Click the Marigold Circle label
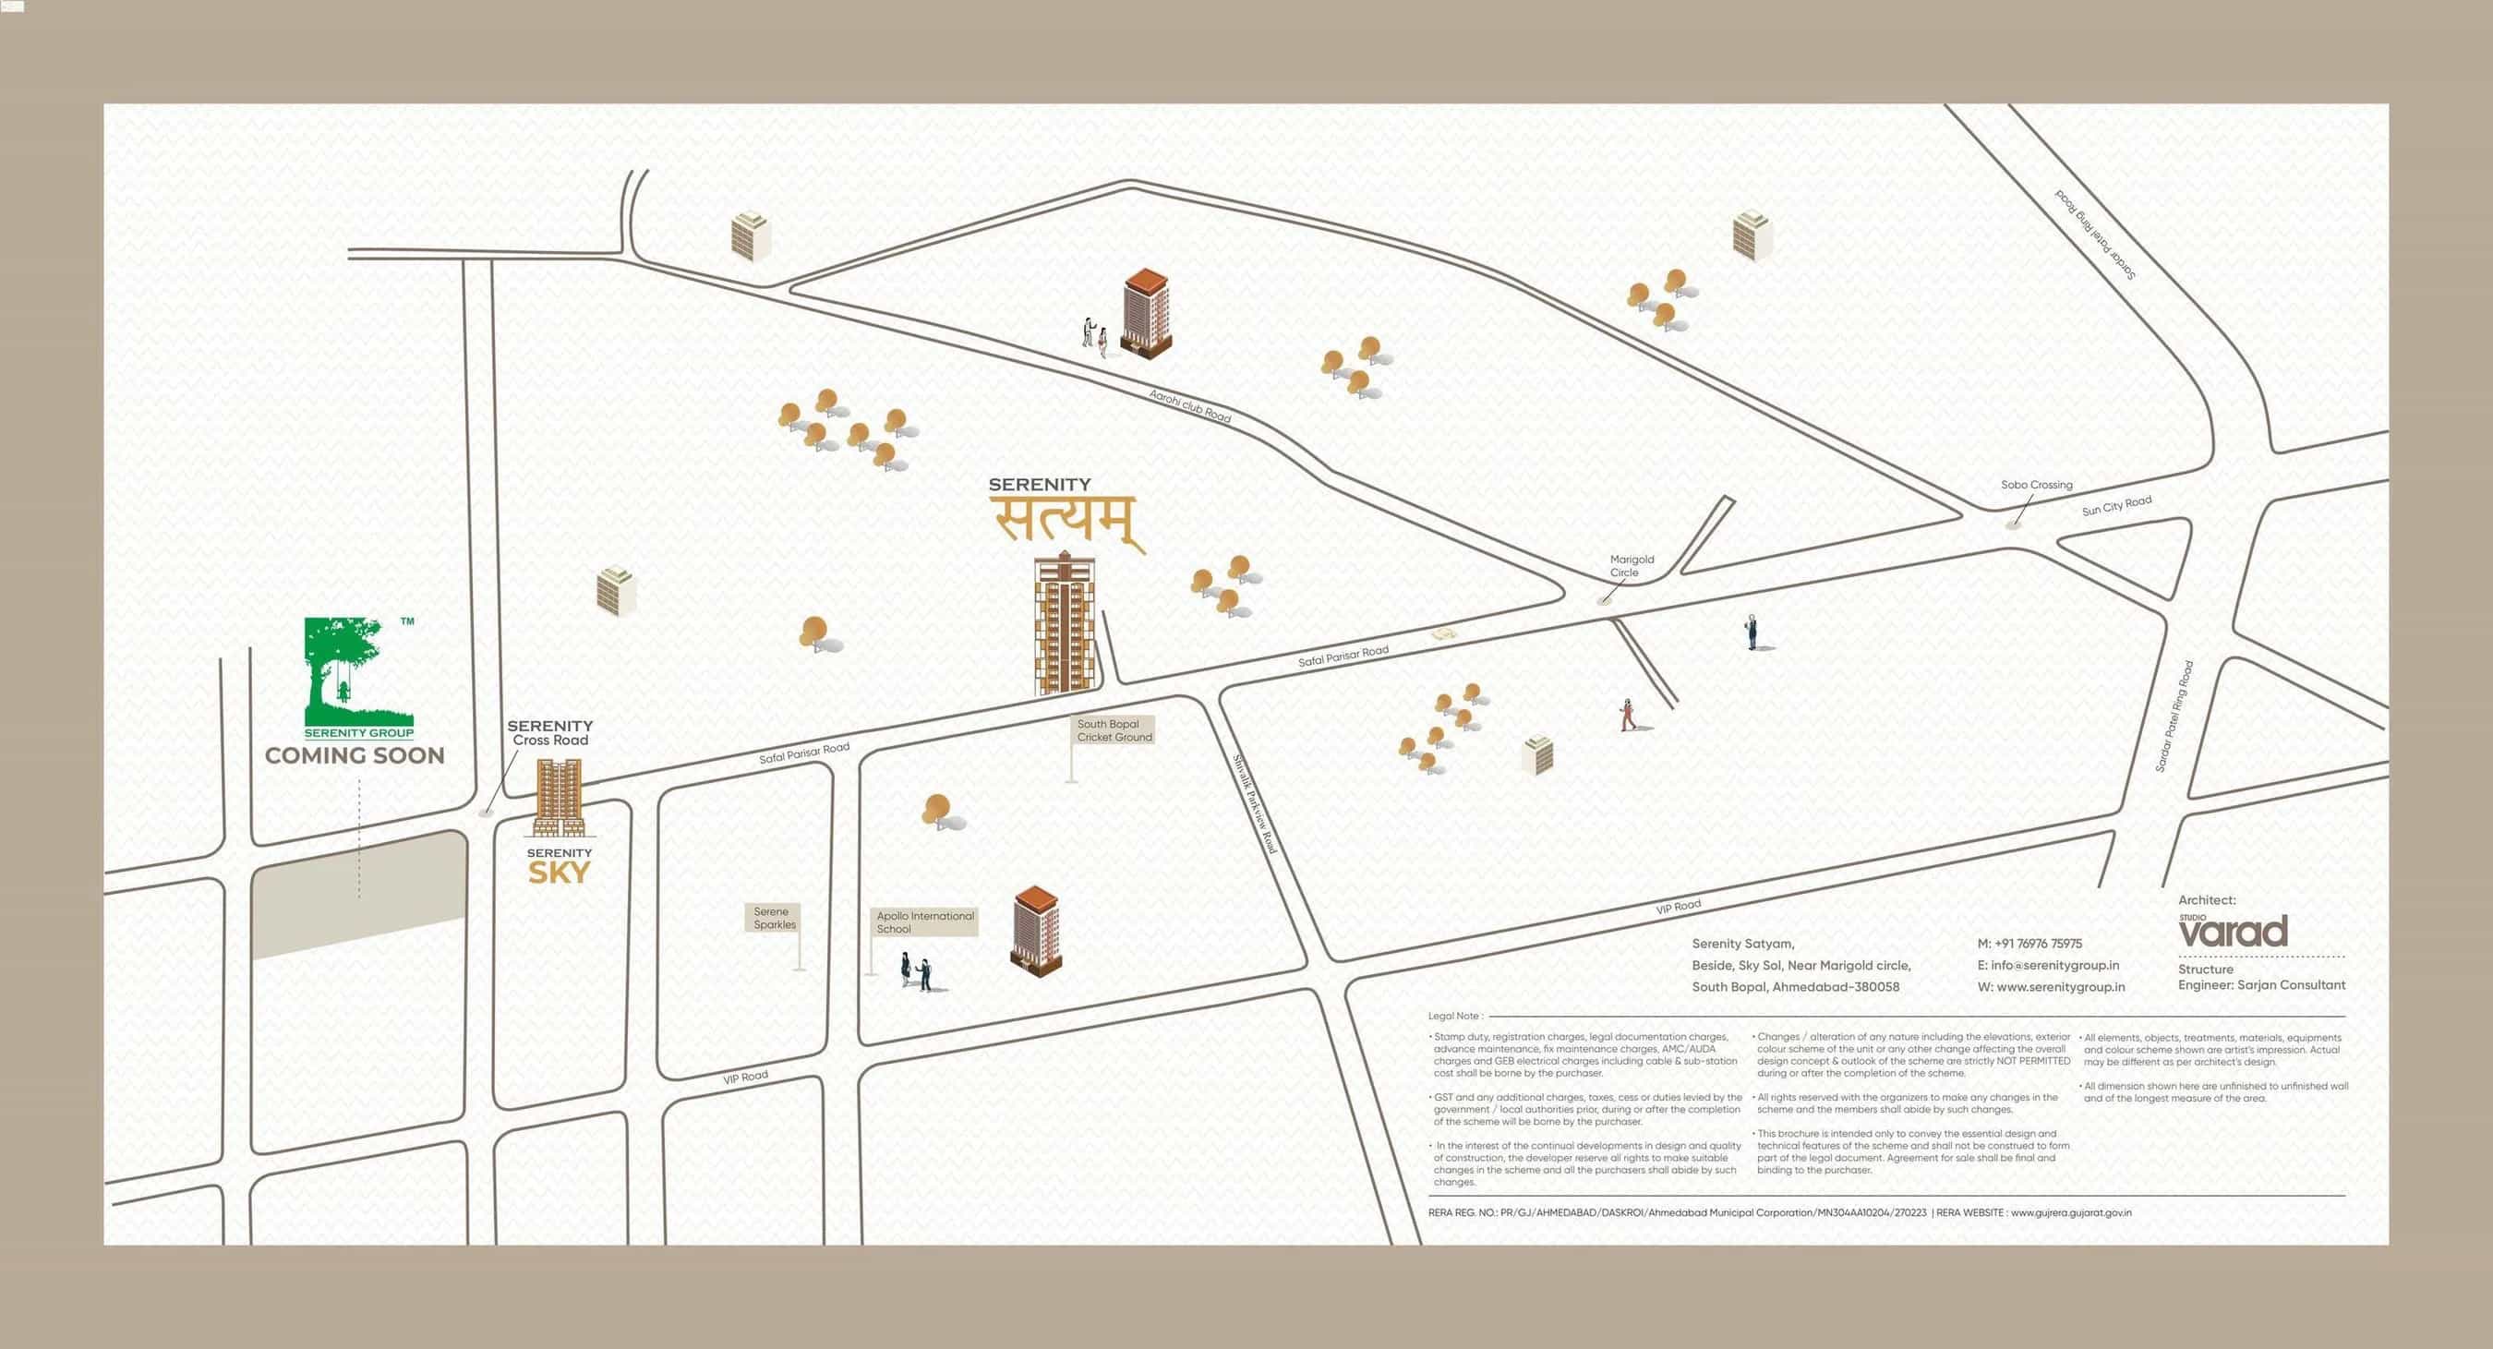[x=1632, y=566]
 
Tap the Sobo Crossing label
[x=2036, y=485]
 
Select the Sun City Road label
[x=2116, y=505]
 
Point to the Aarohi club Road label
[x=1189, y=406]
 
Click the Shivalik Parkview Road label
[x=1255, y=804]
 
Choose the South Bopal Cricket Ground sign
[x=1114, y=730]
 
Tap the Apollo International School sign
[x=924, y=922]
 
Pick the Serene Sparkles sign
[x=775, y=919]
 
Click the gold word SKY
[x=559, y=873]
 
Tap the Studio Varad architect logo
[x=2233, y=931]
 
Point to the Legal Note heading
[x=1454, y=1016]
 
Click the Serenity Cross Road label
[x=549, y=732]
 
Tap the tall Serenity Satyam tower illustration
[x=1065, y=624]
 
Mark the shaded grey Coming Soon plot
[x=359, y=895]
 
